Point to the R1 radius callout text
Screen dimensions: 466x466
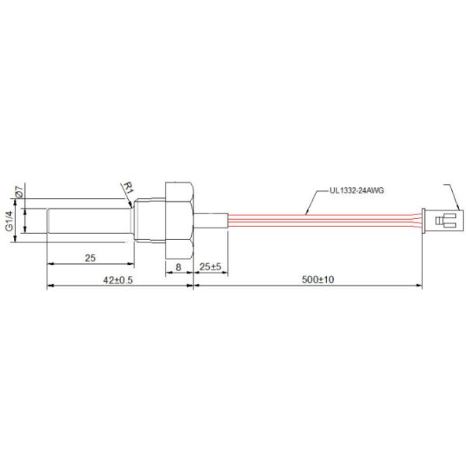click(129, 187)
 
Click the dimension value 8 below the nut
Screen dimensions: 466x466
click(178, 266)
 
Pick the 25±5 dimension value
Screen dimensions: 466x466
click(210, 266)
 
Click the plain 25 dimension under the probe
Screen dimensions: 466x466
click(89, 257)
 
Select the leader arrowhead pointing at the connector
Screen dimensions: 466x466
click(458, 208)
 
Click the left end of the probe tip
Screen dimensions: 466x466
click(48, 220)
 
